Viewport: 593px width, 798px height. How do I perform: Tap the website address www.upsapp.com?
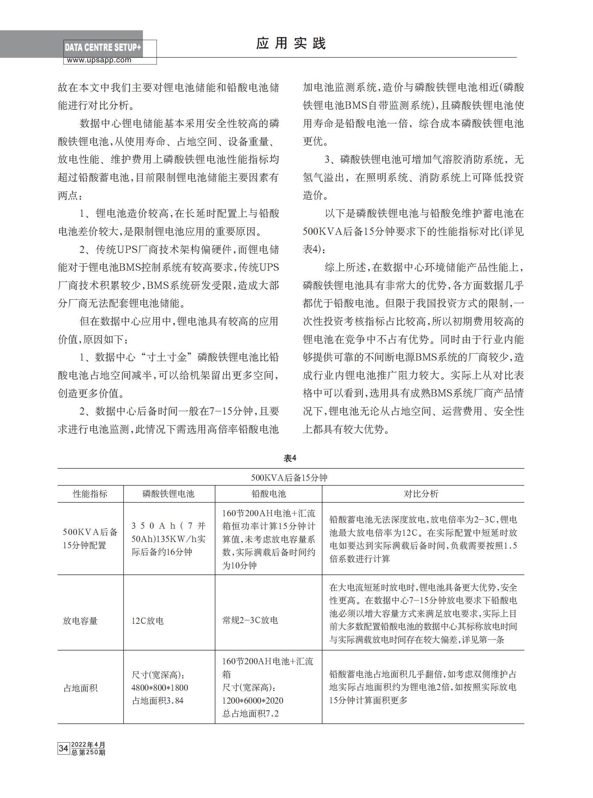(99, 60)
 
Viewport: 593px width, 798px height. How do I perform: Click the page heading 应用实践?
(291, 44)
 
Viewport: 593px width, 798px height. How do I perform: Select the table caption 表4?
(290, 458)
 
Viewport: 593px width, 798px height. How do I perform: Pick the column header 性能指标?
(90, 494)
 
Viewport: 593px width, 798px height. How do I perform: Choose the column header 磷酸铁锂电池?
(168, 494)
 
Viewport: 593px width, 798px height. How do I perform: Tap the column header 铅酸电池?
(268, 494)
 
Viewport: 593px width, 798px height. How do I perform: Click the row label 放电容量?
(81, 620)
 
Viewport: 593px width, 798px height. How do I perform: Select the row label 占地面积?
(81, 688)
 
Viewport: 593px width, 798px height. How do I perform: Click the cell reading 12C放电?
(147, 620)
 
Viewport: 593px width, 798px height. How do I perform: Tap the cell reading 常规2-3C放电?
(250, 620)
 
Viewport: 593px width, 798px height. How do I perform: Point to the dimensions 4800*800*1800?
(160, 688)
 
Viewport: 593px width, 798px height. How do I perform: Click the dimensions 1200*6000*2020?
(253, 700)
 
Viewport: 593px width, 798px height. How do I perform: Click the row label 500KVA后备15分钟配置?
(90, 539)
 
